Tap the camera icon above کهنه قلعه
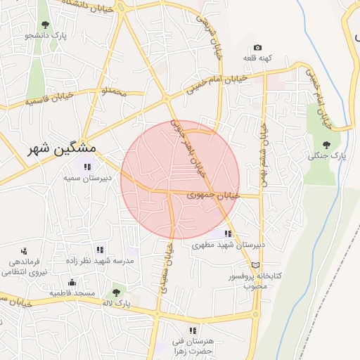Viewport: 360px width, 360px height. tap(257, 47)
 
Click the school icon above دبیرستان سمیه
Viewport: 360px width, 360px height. tap(87, 167)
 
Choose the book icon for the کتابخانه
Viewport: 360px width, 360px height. tap(255, 264)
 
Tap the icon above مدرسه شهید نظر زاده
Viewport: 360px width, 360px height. tap(100, 249)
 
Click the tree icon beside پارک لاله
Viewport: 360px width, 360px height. tap(116, 292)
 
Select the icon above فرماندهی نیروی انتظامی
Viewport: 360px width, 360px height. tap(24, 251)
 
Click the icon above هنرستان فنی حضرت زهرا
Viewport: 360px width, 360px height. tap(192, 330)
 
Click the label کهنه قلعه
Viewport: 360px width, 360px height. tap(258, 59)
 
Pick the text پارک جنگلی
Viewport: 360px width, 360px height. tap(323, 156)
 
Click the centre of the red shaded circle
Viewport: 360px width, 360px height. tap(180, 180)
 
